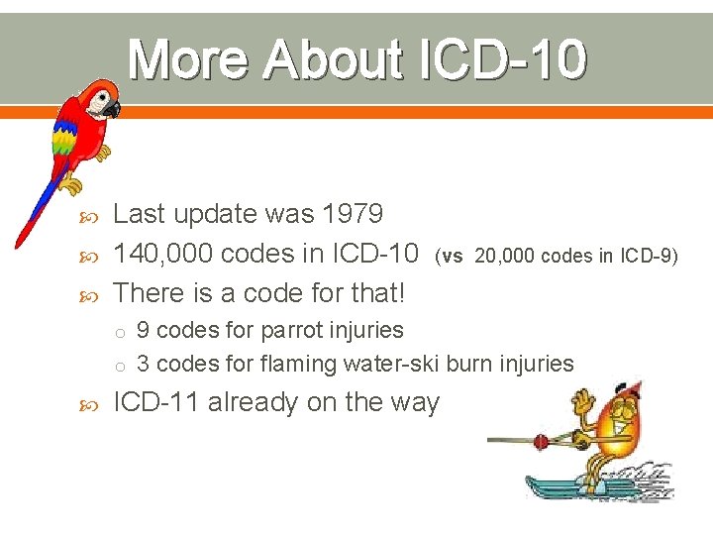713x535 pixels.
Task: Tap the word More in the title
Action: tap(191, 60)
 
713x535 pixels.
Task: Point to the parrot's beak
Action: tap(113, 108)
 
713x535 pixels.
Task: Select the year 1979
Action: tap(351, 214)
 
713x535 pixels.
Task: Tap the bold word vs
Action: tap(453, 256)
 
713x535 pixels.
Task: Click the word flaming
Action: tap(298, 364)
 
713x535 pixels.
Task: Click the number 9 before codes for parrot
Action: tap(144, 329)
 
